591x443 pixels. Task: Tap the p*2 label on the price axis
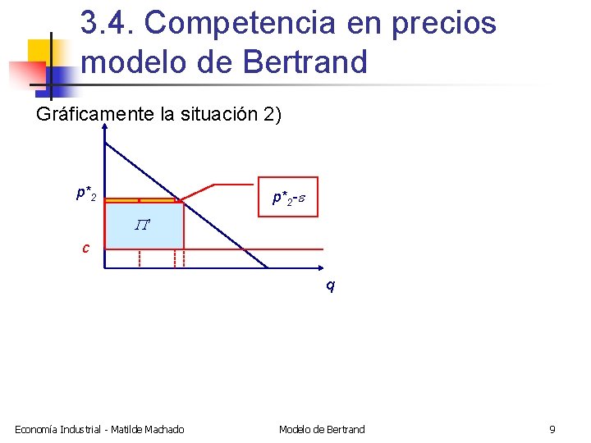[85, 194]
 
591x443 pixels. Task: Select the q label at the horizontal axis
[330, 286]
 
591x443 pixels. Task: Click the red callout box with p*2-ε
[287, 197]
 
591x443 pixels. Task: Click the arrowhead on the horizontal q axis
[319, 268]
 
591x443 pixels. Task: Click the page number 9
[552, 429]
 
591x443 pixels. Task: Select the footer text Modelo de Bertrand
[322, 429]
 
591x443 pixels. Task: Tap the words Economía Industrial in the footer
[58, 429]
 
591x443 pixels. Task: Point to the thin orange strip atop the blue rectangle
[143, 200]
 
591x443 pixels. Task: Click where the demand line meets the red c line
[250, 249]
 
